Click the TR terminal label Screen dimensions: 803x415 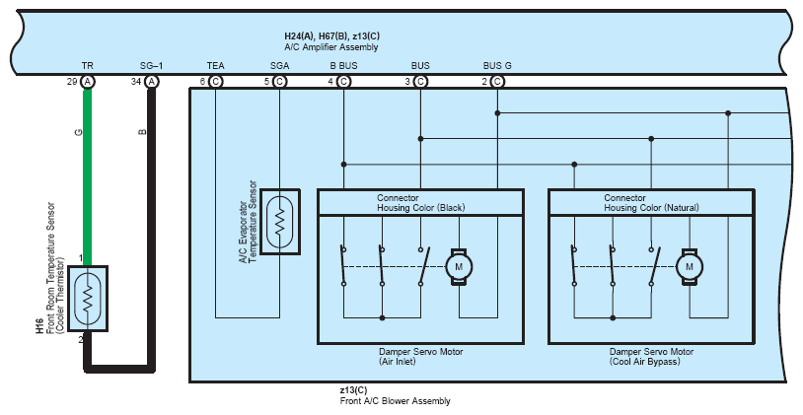pyautogui.click(x=88, y=65)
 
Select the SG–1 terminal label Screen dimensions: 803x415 pyautogui.click(x=151, y=65)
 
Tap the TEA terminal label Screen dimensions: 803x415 pyautogui.click(x=216, y=65)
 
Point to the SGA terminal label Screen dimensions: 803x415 pyautogui.click(x=279, y=65)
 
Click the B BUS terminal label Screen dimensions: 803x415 pyautogui.click(x=343, y=65)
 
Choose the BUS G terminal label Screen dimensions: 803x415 pyautogui.click(x=497, y=65)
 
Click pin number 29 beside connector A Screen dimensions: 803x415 pyautogui.click(x=72, y=82)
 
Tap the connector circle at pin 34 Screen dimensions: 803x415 pyautogui.click(x=151, y=82)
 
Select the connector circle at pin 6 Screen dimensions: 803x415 pyautogui.click(x=216, y=82)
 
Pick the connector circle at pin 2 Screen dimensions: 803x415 pyautogui.click(x=497, y=82)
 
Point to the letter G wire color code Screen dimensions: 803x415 pyautogui.click(x=78, y=132)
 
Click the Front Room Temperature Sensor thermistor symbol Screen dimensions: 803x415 pyautogui.click(x=88, y=299)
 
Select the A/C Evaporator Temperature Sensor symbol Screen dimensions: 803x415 pyautogui.click(x=279, y=222)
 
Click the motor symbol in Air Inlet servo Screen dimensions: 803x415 pyautogui.click(x=459, y=266)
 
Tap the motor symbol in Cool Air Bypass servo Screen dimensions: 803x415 pyautogui.click(x=690, y=266)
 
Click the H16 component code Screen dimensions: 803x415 pyautogui.click(x=39, y=326)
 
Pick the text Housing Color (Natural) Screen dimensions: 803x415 pyautogui.click(x=651, y=208)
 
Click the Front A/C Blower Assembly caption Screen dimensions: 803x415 pyautogui.click(x=395, y=400)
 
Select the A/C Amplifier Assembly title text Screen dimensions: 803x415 pyautogui.click(x=331, y=47)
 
